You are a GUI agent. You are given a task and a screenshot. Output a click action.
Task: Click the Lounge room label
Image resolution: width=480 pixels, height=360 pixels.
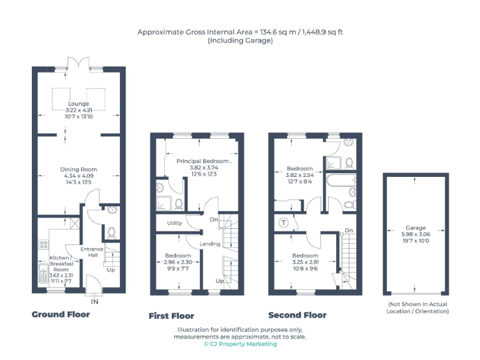tap(79, 104)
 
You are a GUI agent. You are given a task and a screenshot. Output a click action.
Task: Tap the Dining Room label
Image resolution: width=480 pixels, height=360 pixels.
tap(79, 169)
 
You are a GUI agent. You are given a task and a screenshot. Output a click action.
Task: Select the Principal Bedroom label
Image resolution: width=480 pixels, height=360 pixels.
tap(202, 161)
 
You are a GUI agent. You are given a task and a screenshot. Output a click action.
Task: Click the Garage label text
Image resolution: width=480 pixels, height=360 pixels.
tap(416, 228)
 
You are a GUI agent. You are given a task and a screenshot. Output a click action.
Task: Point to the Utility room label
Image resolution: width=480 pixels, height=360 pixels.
tap(174, 223)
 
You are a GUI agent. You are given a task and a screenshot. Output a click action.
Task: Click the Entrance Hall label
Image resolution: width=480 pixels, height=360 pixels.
tap(92, 252)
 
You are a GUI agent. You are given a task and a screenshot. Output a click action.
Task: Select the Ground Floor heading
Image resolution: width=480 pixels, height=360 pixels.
tap(61, 314)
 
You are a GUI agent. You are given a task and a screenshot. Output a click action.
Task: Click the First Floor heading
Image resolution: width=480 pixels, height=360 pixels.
tap(171, 316)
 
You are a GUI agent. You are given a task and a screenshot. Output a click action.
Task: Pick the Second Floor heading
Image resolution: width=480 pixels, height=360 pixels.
tap(297, 315)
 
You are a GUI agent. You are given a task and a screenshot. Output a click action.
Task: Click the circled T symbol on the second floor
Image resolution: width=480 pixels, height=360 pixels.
tap(284, 222)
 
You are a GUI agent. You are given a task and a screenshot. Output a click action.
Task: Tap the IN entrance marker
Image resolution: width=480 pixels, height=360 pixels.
tap(94, 302)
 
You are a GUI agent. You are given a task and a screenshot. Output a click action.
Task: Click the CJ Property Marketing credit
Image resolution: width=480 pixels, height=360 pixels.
tap(240, 344)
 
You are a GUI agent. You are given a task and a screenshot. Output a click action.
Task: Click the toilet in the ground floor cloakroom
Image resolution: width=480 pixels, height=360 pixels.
tap(112, 232)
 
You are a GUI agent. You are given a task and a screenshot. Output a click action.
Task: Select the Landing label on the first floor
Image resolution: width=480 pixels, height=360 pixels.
tap(209, 243)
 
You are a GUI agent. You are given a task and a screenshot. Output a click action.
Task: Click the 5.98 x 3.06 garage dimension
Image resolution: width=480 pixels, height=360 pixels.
tap(416, 234)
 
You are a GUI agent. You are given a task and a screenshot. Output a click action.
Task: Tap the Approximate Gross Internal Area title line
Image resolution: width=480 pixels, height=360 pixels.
tap(240, 32)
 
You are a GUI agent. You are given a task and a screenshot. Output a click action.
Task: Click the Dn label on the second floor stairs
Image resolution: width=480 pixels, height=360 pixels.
tap(348, 231)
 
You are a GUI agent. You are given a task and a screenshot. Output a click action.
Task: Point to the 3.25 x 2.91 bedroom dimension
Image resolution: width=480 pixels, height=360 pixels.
tap(305, 262)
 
